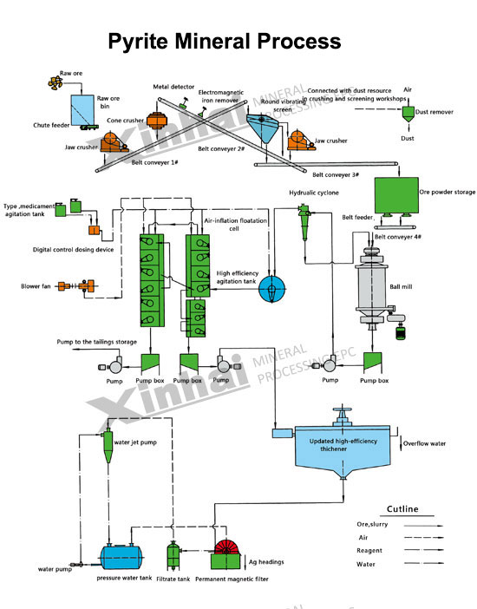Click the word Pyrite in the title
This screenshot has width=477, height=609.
point(138,42)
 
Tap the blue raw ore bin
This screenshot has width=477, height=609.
point(82,110)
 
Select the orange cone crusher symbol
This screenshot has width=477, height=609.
point(156,121)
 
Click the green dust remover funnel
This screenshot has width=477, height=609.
point(408,115)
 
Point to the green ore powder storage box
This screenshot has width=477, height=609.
point(396,195)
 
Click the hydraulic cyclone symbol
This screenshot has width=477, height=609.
point(304,222)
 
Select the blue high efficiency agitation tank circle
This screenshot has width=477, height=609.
point(272,289)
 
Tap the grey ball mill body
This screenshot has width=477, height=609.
point(372,285)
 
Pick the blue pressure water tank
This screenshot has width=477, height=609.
point(121,557)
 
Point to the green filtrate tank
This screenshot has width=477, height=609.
point(173,556)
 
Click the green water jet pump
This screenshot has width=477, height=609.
point(108,447)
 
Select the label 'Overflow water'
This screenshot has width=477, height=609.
point(425,443)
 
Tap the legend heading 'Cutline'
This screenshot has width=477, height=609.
point(402,509)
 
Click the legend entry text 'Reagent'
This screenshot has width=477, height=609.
point(369,550)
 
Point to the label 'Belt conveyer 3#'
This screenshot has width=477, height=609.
point(336,174)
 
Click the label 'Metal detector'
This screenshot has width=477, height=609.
point(173,87)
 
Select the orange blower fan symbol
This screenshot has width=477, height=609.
point(76,286)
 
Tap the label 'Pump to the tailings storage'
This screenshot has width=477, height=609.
point(97,342)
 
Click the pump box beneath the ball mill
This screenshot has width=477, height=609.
point(372,363)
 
